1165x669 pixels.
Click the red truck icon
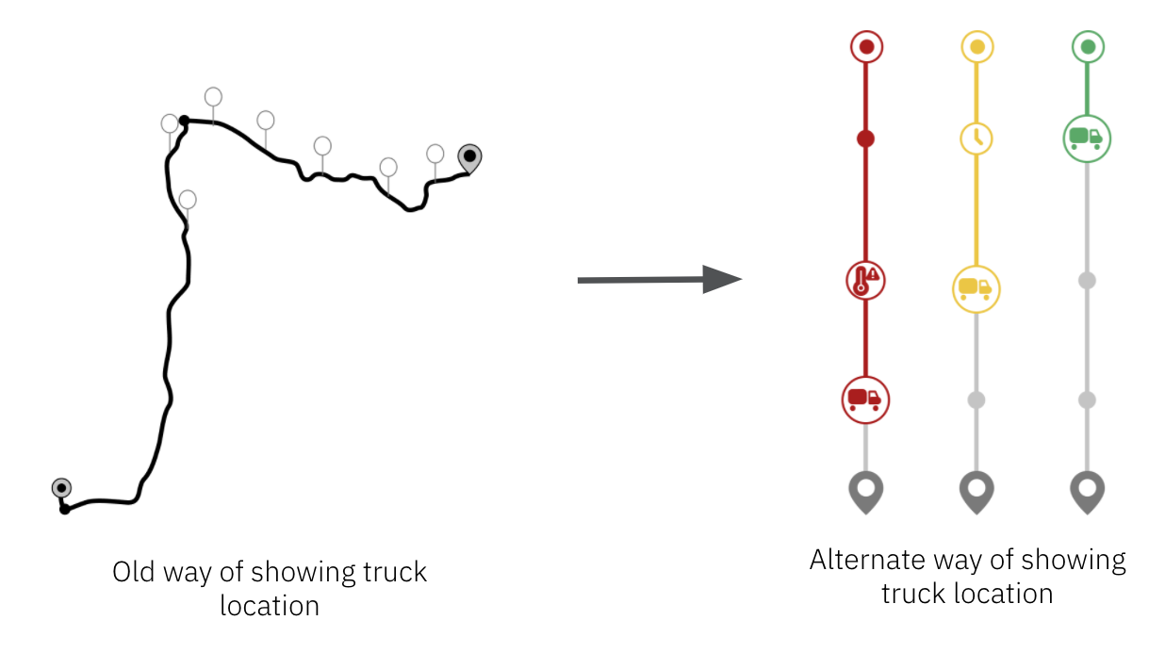(x=865, y=399)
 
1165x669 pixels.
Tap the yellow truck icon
(x=976, y=289)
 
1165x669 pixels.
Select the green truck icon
(x=1088, y=138)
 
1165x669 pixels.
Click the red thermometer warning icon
(x=865, y=281)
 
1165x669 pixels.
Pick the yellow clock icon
(x=977, y=138)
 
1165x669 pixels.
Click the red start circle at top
(x=866, y=46)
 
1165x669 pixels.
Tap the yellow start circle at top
(x=977, y=46)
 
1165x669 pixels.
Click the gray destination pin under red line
(x=865, y=491)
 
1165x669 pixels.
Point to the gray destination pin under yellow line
(x=976, y=491)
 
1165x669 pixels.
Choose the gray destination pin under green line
(x=1088, y=491)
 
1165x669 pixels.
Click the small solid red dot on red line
(x=865, y=139)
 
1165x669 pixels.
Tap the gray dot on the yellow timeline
(x=976, y=400)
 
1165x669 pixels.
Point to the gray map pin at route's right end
(x=468, y=157)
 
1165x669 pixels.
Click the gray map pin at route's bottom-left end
(x=61, y=488)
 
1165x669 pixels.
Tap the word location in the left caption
(x=270, y=605)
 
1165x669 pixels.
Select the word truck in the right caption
(x=912, y=593)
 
